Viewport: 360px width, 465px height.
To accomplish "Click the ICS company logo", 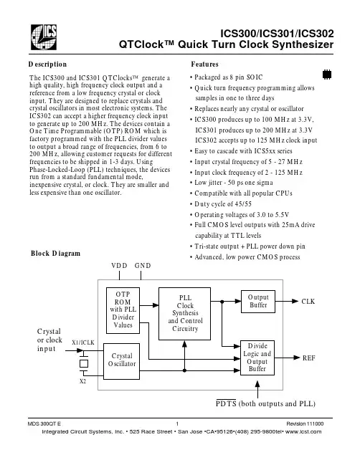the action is [44, 37].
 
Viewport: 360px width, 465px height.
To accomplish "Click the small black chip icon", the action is [327, 75].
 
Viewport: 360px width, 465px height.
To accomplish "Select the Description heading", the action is [47, 64].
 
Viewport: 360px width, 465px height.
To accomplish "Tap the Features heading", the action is [204, 64].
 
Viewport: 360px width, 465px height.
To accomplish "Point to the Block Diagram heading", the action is [55, 253].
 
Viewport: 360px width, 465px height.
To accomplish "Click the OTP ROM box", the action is [123, 310].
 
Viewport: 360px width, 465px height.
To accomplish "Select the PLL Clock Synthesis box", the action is [184, 313].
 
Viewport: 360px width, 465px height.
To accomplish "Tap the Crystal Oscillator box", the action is [121, 361].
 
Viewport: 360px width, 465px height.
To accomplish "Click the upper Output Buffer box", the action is [258, 302].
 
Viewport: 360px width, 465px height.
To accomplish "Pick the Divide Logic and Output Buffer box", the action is [257, 358].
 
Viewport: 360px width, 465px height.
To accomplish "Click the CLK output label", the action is [308, 302].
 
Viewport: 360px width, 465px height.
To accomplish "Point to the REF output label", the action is [308, 358].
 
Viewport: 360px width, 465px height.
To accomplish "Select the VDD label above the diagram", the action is [119, 265].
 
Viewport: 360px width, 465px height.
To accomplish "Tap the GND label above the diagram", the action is [143, 265].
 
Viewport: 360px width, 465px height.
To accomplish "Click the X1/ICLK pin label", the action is [83, 342].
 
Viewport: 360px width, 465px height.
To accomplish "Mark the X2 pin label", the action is [82, 381].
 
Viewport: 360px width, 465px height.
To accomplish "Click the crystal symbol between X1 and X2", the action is [84, 363].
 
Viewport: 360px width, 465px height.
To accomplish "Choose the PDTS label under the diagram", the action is [226, 403].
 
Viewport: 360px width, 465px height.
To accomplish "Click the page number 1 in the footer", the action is [177, 423].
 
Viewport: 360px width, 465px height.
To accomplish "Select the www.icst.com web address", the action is [303, 431].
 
